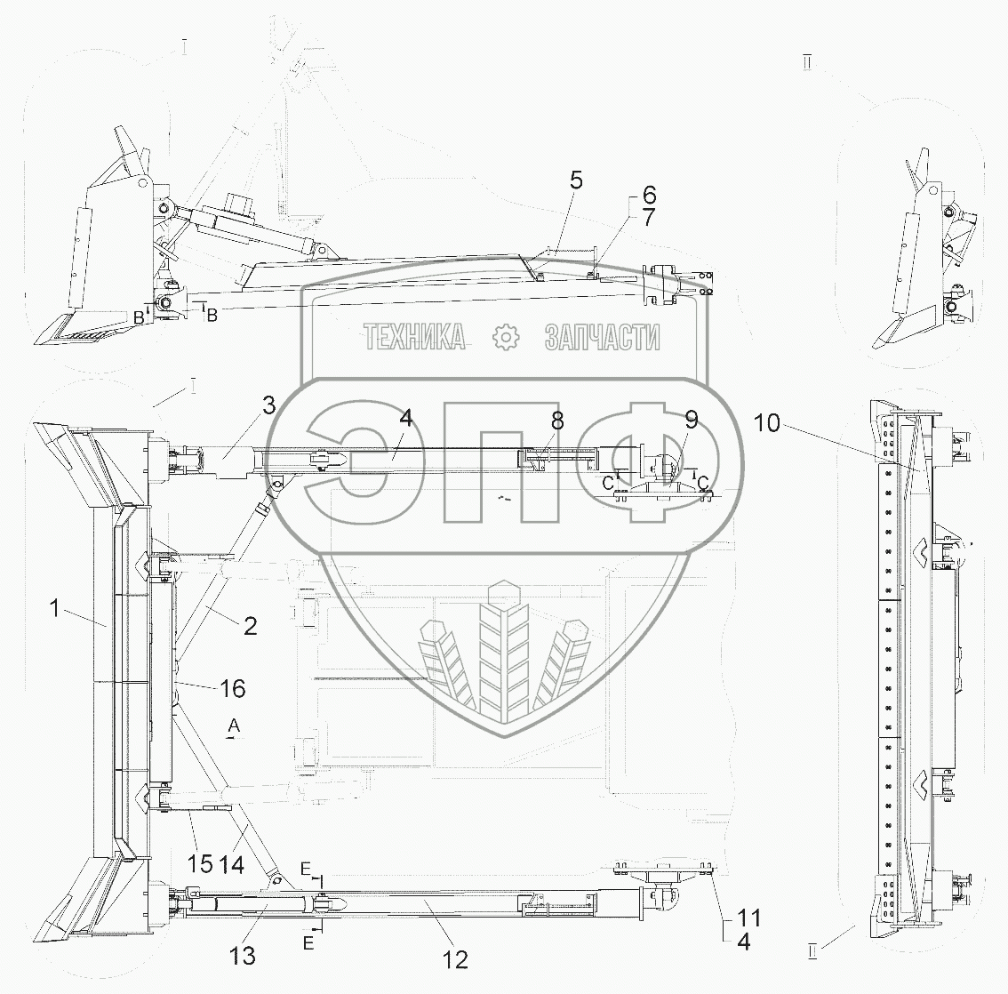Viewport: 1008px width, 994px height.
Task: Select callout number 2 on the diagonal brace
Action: tap(250, 626)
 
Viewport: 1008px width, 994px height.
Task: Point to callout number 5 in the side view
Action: tap(576, 180)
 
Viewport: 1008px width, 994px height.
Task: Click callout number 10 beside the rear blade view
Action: tap(770, 424)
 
